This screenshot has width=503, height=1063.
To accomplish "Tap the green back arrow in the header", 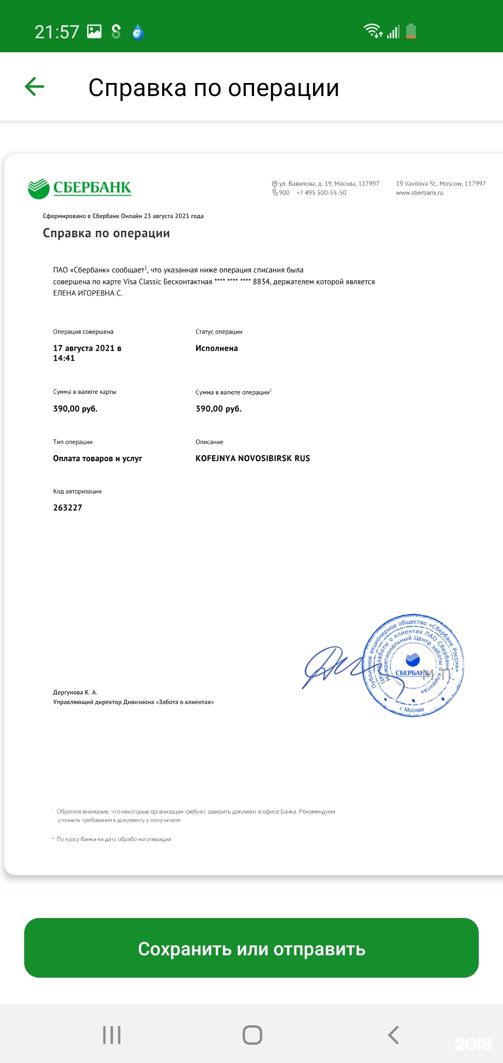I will coord(34,87).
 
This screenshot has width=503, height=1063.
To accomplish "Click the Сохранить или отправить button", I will coord(251,948).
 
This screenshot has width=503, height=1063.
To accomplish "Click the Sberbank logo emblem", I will coord(39,188).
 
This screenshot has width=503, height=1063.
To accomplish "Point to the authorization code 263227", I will coord(68,508).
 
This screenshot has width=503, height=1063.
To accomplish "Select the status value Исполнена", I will coord(217,348).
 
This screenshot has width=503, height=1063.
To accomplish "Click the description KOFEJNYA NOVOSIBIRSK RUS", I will coord(252,458).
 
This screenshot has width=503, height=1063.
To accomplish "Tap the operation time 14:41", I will coord(64,358).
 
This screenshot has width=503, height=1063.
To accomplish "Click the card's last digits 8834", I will coord(261,282).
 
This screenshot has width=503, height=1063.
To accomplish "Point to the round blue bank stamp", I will coord(413,665).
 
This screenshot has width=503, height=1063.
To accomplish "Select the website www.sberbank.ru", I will coord(419,193).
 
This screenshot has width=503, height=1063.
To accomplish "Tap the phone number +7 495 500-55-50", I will coord(321,193).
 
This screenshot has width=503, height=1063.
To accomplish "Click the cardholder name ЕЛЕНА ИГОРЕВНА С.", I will coord(88,293).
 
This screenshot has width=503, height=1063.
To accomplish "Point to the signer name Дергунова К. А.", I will coord(75,692).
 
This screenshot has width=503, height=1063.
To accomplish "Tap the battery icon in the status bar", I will coord(411,31).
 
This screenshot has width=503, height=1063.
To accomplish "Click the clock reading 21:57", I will coord(57,32).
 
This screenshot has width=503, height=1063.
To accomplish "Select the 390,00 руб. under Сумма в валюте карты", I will coord(75,409).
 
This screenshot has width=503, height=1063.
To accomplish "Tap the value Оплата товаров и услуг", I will coord(97,458).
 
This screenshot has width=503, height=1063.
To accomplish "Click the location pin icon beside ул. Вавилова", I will coord(275,184).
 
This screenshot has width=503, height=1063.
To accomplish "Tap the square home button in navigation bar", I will coord(252,1035).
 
